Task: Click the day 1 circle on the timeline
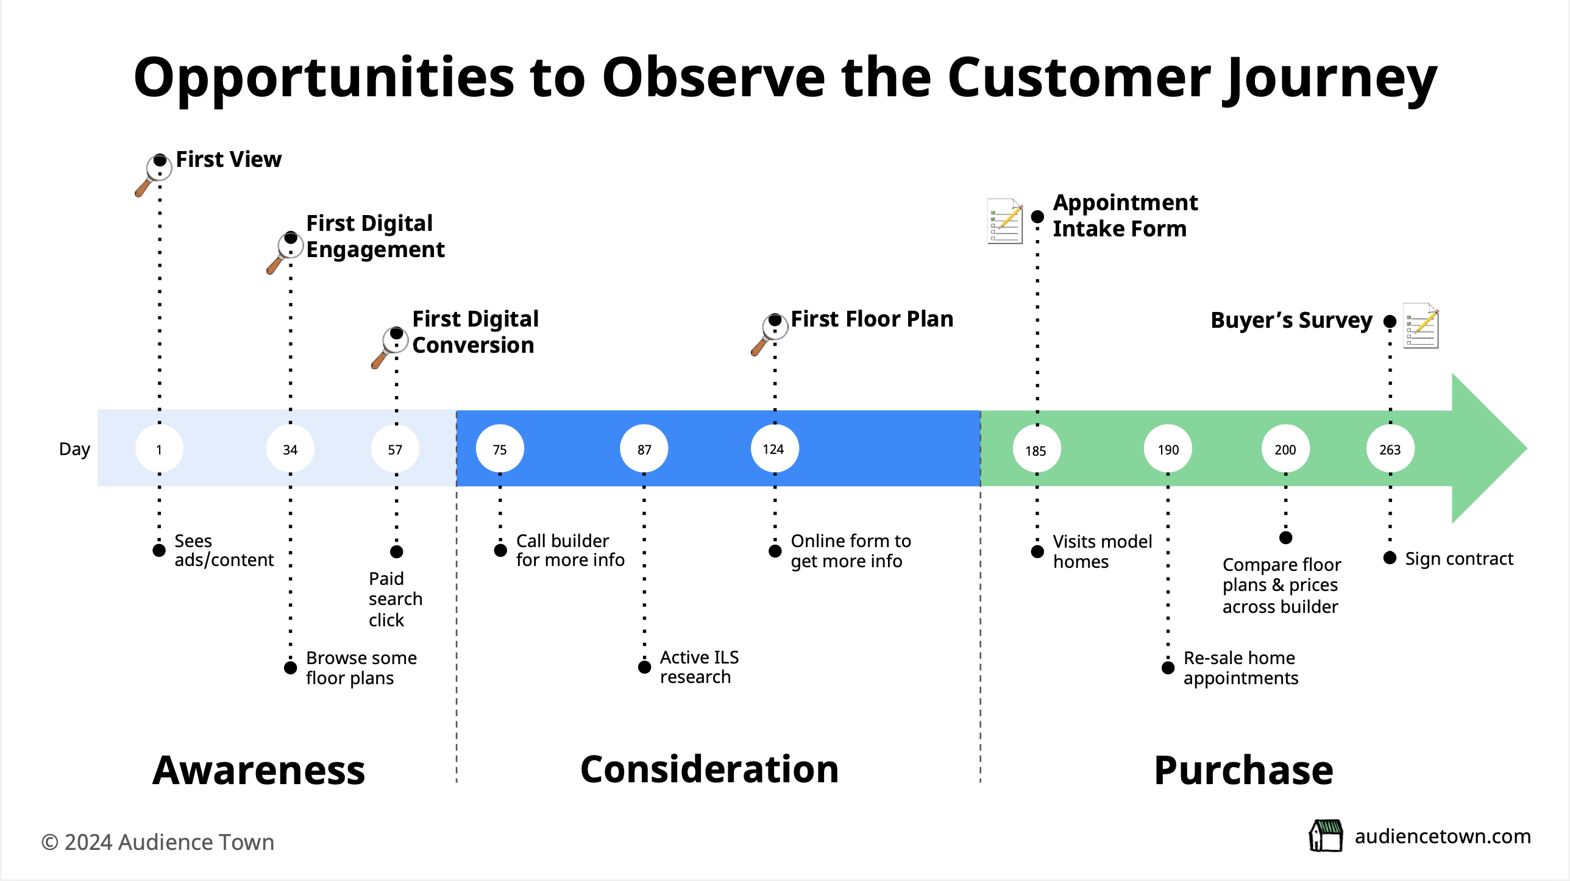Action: pos(159,449)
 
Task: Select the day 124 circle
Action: pos(774,449)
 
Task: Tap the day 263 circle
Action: pos(1390,449)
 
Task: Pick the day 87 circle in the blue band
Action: pos(644,449)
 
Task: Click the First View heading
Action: pos(229,160)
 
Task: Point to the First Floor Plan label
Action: pos(872,319)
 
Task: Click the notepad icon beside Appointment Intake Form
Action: pos(1004,221)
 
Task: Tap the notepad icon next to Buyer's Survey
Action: pos(1421,326)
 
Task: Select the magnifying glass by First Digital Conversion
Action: pos(388,346)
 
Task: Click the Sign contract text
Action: pos(1458,559)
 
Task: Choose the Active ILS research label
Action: pos(699,667)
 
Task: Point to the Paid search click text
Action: pos(395,599)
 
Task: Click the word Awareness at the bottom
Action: pos(258,771)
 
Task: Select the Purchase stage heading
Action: pos(1243,771)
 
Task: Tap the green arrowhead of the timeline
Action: pos(1487,448)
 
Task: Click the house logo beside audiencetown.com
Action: pos(1326,835)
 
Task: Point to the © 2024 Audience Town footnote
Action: pos(157,842)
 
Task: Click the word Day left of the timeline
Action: pos(74,450)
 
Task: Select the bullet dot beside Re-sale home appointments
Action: pos(1168,668)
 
